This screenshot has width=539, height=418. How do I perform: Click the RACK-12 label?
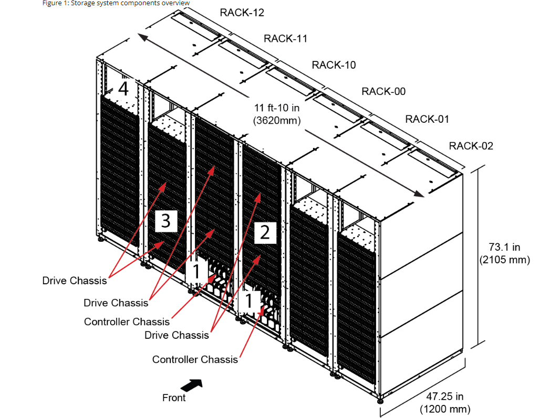click(x=242, y=12)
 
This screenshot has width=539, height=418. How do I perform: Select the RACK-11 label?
click(x=285, y=38)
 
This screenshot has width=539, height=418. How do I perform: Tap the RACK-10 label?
click(x=334, y=65)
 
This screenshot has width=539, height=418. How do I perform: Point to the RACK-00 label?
click(x=383, y=92)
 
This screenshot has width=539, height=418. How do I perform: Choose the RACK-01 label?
click(x=427, y=119)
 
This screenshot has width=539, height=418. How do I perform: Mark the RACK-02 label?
click(x=471, y=146)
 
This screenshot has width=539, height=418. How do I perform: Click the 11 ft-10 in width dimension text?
click(x=277, y=108)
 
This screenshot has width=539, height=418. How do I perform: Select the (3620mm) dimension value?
click(x=277, y=121)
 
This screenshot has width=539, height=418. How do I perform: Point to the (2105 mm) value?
click(x=505, y=259)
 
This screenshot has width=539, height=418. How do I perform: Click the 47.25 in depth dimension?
click(x=444, y=396)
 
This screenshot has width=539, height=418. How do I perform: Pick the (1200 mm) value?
click(x=444, y=409)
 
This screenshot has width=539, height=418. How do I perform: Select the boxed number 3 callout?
click(x=165, y=221)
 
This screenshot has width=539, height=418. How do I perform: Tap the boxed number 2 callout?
click(x=265, y=232)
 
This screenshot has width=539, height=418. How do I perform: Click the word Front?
click(x=174, y=398)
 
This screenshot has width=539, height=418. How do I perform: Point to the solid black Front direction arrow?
click(x=191, y=385)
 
